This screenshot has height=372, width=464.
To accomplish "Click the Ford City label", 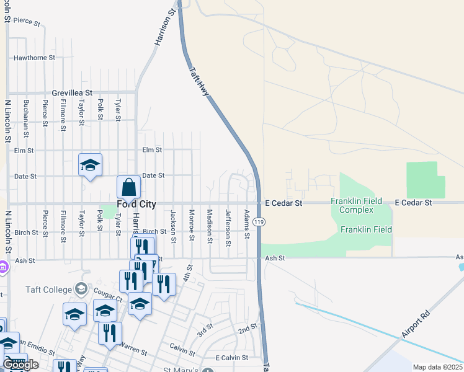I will pyautogui.click(x=136, y=203).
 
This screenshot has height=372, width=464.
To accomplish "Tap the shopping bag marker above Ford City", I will pyautogui.click(x=128, y=187).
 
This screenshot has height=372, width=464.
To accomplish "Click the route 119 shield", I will pyautogui.click(x=260, y=221).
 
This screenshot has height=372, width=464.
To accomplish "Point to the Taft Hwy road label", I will pyautogui.click(x=200, y=84).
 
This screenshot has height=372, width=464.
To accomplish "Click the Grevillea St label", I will pyautogui.click(x=72, y=92).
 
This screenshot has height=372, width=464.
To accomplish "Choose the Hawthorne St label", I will pyautogui.click(x=35, y=58).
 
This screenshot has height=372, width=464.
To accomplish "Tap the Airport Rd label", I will pyautogui.click(x=414, y=324).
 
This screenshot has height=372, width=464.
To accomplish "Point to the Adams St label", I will pyautogui.click(x=247, y=224).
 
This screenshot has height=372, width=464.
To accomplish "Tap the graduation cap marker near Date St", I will pyautogui.click(x=90, y=165).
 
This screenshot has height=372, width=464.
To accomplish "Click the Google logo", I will pyautogui.click(x=20, y=365).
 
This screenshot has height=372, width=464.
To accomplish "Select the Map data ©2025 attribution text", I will pyautogui.click(x=437, y=367).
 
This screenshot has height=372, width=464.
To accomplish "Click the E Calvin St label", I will pyautogui.click(x=231, y=358).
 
